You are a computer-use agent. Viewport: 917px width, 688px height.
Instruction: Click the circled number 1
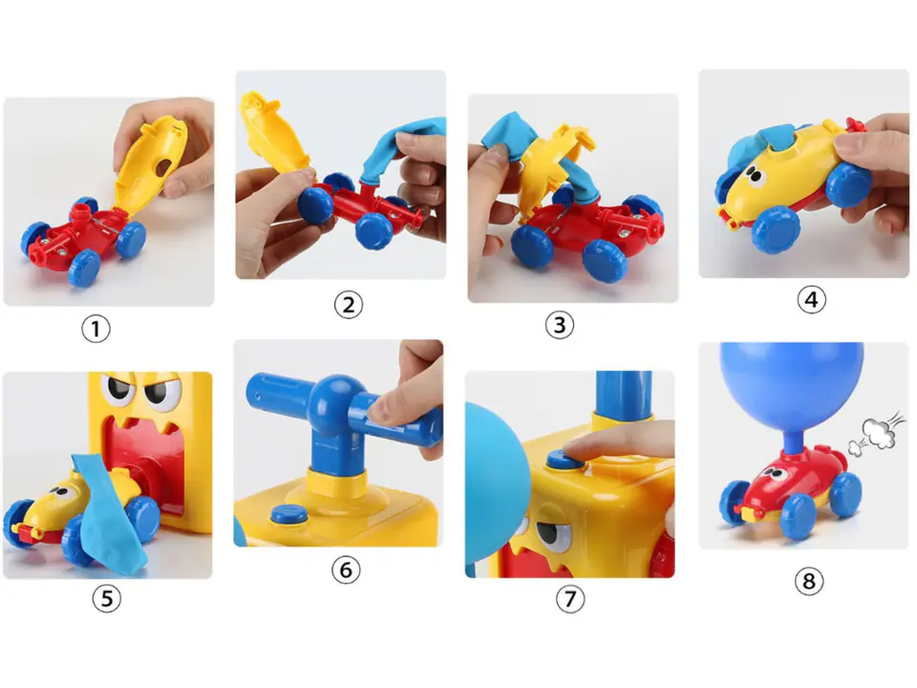pos(96,329)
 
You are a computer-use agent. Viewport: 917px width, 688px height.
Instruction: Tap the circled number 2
pos(348,305)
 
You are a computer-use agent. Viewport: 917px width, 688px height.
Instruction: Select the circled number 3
pos(559,325)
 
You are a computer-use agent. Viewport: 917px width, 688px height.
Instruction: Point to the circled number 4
pos(811,300)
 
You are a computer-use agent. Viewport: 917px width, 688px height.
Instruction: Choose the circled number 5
pos(106,598)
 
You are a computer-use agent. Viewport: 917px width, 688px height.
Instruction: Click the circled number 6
pos(346,570)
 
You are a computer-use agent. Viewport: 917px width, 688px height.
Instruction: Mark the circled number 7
pos(569,598)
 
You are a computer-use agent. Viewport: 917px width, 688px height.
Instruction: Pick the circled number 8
pos(809,581)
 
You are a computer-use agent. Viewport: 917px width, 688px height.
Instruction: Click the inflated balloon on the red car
pos(791,389)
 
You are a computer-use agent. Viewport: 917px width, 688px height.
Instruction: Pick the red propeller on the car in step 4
pos(855,124)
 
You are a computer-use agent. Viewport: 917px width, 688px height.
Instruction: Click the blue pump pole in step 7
pos(624,395)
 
